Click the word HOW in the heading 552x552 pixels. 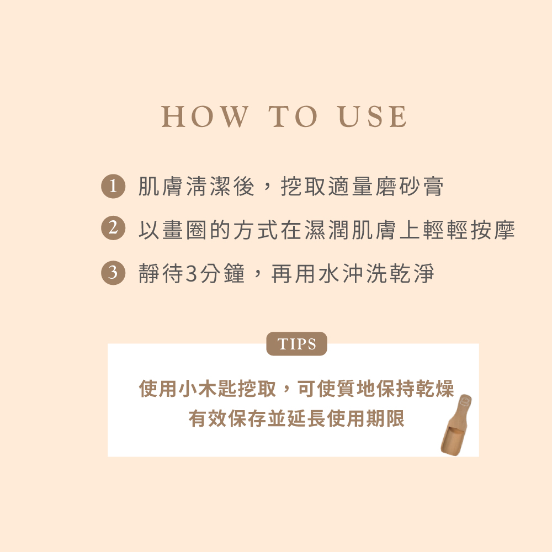click(x=205, y=116)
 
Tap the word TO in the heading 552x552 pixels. click(x=293, y=116)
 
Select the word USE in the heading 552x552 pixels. click(x=373, y=116)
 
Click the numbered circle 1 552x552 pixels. click(x=113, y=186)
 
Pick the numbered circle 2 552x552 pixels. click(x=113, y=228)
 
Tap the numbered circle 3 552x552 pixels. click(x=113, y=273)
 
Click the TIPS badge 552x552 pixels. click(x=297, y=343)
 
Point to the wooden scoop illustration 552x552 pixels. click(x=457, y=425)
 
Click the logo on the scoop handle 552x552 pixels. click(x=465, y=401)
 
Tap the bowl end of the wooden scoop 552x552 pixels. click(x=450, y=440)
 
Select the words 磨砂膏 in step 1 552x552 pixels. click(x=409, y=186)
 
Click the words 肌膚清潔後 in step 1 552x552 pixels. click(x=196, y=186)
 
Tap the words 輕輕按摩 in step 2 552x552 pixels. click(x=469, y=230)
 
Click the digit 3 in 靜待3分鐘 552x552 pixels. click(x=191, y=274)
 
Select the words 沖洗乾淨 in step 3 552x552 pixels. click(x=388, y=274)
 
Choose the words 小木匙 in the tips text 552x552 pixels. click(x=198, y=389)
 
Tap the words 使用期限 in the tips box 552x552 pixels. click(x=365, y=418)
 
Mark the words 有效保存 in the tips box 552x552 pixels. click(x=227, y=418)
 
